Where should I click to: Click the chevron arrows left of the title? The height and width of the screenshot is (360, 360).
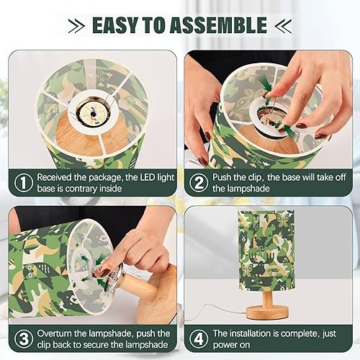(x=76, y=27)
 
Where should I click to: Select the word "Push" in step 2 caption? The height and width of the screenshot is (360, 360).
(x=224, y=177)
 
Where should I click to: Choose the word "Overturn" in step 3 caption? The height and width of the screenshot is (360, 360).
(x=56, y=334)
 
